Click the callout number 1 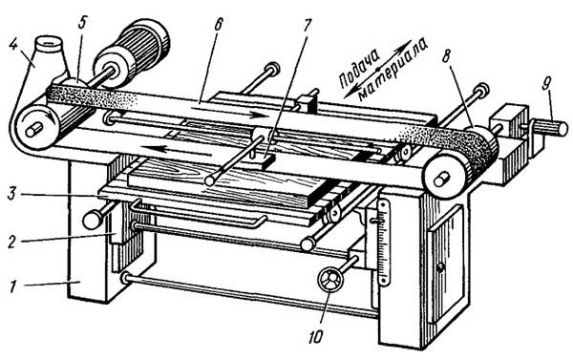tap(12, 286)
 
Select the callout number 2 tap(12, 242)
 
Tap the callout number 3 tap(12, 193)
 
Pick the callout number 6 tap(218, 24)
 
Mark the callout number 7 tap(307, 24)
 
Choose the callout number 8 tap(447, 57)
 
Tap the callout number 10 tap(316, 338)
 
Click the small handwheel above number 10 tap(330, 280)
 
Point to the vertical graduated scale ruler tap(382, 242)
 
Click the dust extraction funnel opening tap(50, 44)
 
